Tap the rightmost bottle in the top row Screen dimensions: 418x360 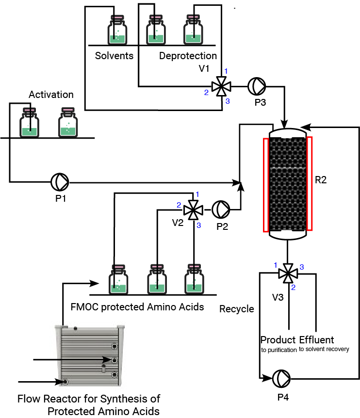click(193, 30)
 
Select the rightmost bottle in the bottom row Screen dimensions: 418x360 click(194, 280)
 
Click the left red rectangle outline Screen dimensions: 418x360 click(266, 185)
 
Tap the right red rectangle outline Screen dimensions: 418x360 click(310, 184)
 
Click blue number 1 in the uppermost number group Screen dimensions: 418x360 click(226, 71)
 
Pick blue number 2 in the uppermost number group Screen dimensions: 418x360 click(206, 93)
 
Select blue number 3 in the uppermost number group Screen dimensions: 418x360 click(228, 101)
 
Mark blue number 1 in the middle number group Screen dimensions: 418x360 click(197, 194)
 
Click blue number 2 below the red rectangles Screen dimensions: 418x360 click(294, 288)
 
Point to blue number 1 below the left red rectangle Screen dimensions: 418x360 click(276, 265)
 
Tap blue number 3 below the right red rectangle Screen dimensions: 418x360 click(301, 267)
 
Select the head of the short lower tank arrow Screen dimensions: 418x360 click(61, 382)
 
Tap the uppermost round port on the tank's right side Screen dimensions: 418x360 click(115, 346)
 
